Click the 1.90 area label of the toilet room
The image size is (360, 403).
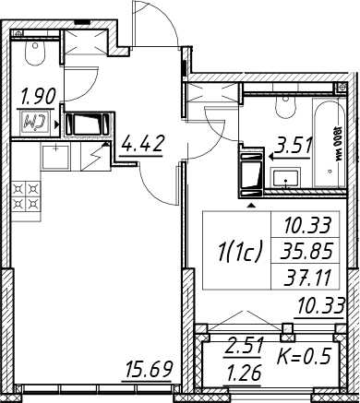tap(38, 96)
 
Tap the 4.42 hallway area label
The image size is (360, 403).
tap(141, 144)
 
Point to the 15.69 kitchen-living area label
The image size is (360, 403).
tap(150, 369)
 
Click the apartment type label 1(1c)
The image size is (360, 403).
tap(240, 250)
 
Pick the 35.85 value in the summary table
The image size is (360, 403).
tap(306, 251)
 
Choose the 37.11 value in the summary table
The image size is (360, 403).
tap(307, 279)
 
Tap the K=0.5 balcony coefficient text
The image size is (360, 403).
tap(305, 357)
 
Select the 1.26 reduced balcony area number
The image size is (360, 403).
tap(244, 373)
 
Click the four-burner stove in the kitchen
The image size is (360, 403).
tap(26, 196)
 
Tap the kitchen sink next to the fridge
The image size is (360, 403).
tap(55, 157)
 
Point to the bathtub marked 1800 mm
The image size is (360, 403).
tap(329, 143)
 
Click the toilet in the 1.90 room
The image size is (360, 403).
tap(35, 52)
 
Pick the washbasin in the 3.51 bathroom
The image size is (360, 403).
tap(285, 177)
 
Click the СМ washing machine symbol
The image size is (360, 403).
tap(33, 123)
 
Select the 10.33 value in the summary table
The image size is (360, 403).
tap(307, 225)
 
